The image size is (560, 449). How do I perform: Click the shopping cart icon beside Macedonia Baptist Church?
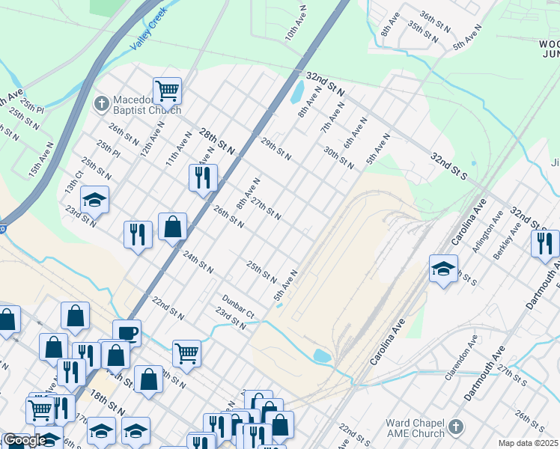[168, 91]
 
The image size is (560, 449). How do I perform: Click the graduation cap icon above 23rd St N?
[95, 199]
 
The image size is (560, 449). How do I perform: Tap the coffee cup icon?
[127, 333]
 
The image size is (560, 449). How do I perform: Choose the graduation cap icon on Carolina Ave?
[443, 268]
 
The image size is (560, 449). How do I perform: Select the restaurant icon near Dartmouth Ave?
[545, 243]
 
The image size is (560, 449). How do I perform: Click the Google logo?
[24, 440]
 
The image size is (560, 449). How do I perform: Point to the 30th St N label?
[338, 156]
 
